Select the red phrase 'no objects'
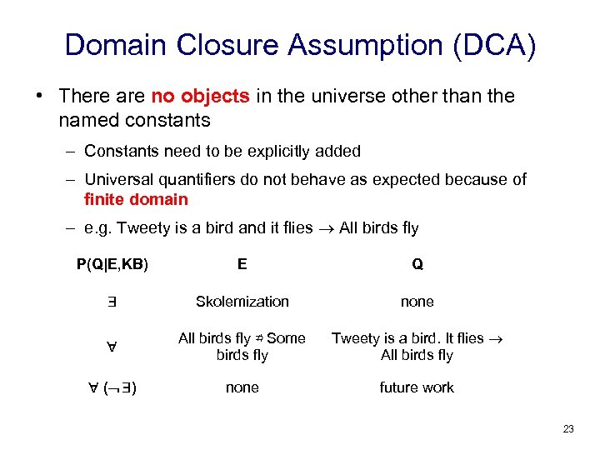click(200, 96)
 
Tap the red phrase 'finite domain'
click(136, 199)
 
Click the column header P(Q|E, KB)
click(112, 264)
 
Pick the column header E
click(242, 264)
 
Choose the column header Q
click(417, 264)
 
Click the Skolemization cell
click(242, 301)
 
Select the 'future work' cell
click(417, 387)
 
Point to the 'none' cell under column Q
click(417, 301)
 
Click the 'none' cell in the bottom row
click(242, 387)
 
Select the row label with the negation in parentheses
click(112, 388)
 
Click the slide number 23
click(568, 429)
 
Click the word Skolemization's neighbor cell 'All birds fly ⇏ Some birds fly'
click(242, 347)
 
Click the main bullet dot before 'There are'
click(40, 96)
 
